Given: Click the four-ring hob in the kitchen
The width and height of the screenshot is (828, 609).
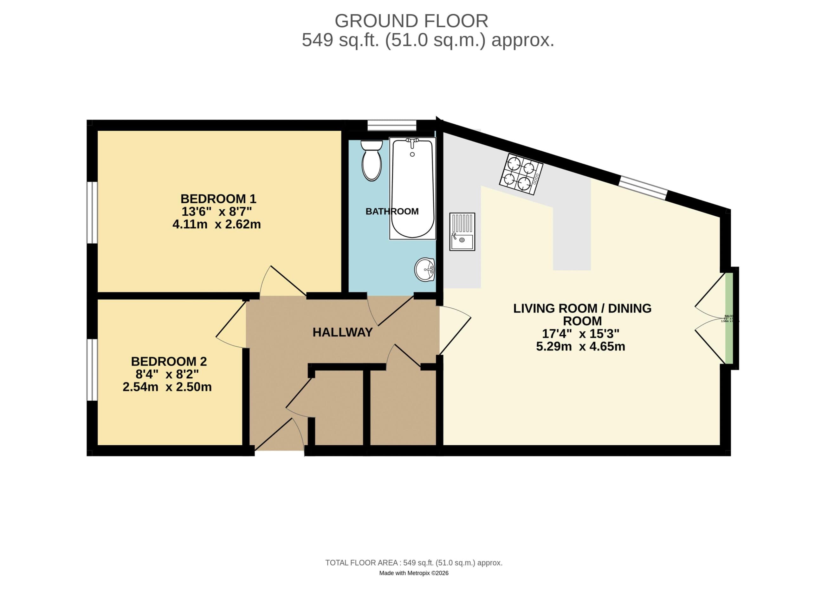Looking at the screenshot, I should point(521,174).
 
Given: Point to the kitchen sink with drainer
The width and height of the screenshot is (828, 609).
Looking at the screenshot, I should point(462,232).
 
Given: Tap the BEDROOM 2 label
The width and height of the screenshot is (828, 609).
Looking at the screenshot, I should point(169,361).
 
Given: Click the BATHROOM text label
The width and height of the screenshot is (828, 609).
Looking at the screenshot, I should point(392,212).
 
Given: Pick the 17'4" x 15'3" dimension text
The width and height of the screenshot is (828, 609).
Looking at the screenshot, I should point(580,334).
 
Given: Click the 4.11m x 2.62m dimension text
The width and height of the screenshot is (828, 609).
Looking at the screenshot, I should point(217,224).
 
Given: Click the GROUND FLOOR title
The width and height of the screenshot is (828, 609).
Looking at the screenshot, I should point(411,21).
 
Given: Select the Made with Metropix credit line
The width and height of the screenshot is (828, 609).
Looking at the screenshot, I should point(414,573).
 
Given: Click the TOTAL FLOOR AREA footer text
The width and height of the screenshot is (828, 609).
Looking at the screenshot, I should point(414,563).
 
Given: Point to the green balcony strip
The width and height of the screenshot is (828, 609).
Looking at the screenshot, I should point(729,318).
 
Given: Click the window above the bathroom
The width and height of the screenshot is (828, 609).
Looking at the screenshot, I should point(392,125).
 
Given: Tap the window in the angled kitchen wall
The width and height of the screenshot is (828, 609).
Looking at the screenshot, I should point(643,188).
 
